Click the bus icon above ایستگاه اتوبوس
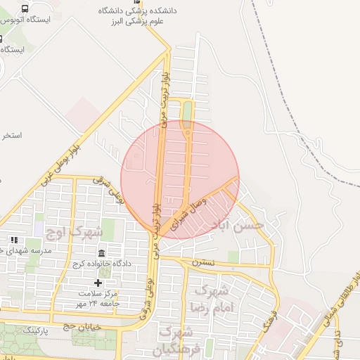[25, 8]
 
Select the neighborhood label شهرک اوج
[73, 231]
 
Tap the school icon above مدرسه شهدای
[14, 240]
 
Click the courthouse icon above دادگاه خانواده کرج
[102, 253]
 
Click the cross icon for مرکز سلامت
[98, 283]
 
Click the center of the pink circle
[180, 179]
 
